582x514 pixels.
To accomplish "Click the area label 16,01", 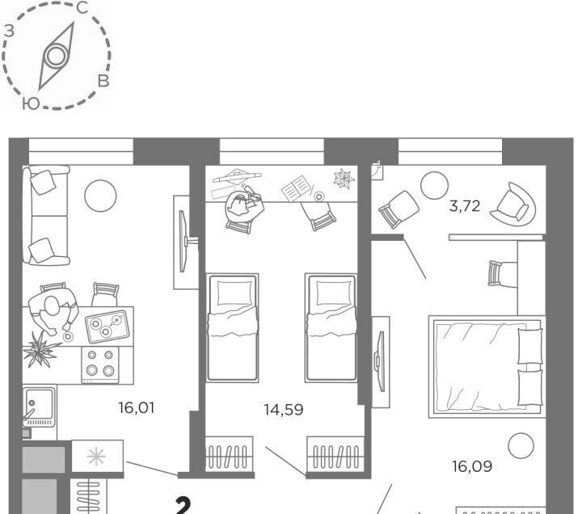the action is [137, 408].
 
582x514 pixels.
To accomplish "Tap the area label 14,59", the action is [284, 410].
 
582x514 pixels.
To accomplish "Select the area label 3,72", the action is [465, 206].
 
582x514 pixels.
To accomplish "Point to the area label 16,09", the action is [472, 466].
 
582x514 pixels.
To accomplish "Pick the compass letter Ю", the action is [31, 103].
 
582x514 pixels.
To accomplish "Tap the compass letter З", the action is [9, 32].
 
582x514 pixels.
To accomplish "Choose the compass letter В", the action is [103, 81].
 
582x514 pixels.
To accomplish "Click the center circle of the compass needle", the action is [57, 56].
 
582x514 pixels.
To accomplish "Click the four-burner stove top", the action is [100, 364].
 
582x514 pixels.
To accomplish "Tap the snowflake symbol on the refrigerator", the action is [96, 457].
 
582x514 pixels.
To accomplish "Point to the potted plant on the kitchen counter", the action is [40, 349].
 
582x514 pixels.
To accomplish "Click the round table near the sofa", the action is [100, 196].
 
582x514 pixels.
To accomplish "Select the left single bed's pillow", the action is [234, 293].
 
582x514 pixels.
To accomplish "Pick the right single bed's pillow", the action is [334, 293].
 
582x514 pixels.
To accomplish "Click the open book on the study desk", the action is [296, 188].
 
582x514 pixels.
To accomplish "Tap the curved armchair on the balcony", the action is [514, 204].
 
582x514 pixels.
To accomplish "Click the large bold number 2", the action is [183, 506].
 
